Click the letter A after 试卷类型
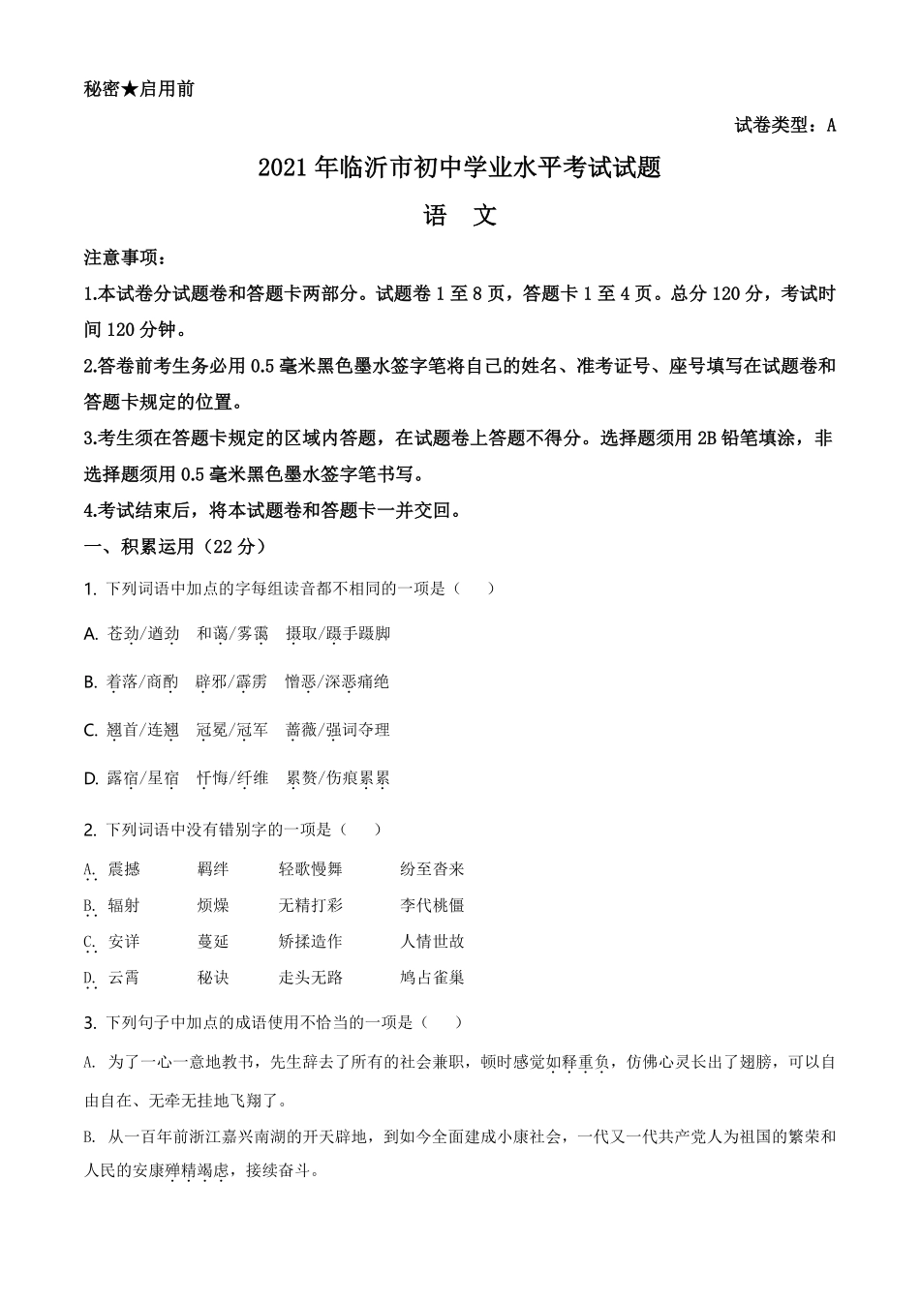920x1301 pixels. pos(831,125)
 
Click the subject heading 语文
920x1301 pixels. pos(460,216)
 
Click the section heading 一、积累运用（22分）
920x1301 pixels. pos(174,547)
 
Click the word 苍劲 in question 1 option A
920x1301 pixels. pos(123,634)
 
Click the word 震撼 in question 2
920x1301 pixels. pos(124,869)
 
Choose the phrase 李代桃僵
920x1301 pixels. pos(432,905)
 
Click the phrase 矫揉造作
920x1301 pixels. pos(311,941)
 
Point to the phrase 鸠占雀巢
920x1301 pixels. pos(432,978)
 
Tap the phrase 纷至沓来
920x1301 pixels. pos(432,869)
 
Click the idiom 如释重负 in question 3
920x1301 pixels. pos(577,1062)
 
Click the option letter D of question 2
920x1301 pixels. pos(89,978)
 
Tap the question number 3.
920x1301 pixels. pos(89,1023)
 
